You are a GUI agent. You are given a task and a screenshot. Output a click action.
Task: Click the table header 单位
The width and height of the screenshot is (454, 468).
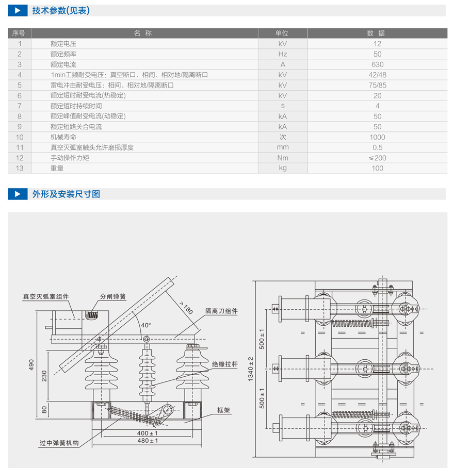(x=282, y=33)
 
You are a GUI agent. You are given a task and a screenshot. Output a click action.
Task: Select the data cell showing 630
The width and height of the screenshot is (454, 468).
(x=377, y=64)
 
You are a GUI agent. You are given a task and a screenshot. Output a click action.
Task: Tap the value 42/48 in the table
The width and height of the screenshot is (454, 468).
(x=377, y=75)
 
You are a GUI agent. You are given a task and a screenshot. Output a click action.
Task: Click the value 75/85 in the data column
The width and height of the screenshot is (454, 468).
(x=377, y=85)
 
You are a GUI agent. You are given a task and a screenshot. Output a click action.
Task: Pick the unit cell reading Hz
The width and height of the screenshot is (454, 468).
(x=282, y=54)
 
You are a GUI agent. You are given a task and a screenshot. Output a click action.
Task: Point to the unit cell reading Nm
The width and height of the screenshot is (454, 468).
(x=282, y=158)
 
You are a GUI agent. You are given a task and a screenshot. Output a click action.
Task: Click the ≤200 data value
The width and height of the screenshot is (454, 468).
(x=377, y=158)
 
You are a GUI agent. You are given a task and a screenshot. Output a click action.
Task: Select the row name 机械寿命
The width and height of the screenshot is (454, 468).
(x=63, y=137)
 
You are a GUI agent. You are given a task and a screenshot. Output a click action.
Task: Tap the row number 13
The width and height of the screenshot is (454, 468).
(x=20, y=168)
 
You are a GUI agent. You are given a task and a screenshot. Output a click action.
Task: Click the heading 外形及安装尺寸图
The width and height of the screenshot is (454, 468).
(x=66, y=194)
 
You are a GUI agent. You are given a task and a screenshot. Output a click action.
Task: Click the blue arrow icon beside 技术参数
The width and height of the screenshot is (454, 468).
(x=18, y=10)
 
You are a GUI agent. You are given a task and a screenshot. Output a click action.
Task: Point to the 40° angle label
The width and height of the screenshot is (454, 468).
(x=146, y=325)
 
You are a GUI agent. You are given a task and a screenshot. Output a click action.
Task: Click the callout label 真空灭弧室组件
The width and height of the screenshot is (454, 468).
(x=46, y=297)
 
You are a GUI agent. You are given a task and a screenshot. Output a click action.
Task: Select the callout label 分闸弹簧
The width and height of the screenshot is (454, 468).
(x=113, y=297)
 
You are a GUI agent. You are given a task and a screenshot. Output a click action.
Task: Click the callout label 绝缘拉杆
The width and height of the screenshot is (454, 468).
(x=225, y=364)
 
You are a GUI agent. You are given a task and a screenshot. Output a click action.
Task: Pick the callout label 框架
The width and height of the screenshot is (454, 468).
(x=223, y=410)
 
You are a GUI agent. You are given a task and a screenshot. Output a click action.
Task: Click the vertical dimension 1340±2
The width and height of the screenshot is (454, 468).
(x=251, y=368)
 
